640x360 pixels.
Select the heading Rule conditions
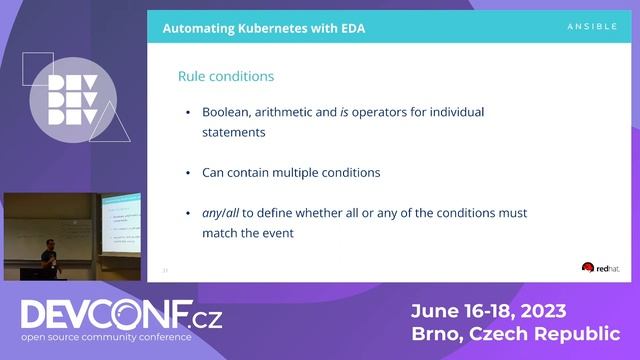click(225, 76)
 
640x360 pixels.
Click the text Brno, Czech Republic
click(515, 334)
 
